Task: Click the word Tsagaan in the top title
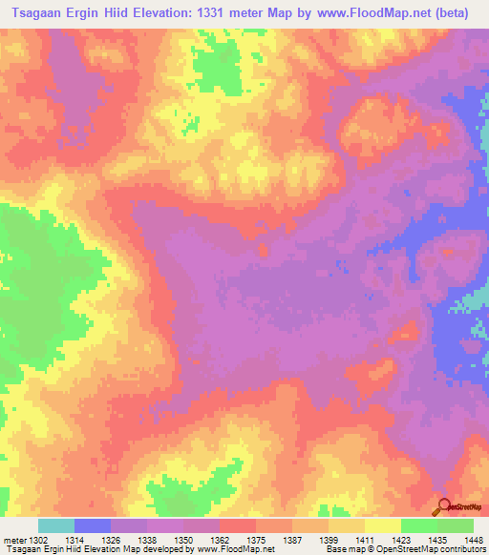pos(35,13)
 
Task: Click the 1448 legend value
pos(472,539)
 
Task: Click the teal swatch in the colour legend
pos(56,525)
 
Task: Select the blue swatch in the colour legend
pos(93,525)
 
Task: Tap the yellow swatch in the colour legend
pos(383,525)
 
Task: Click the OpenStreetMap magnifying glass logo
pos(442,506)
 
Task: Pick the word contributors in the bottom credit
pos(460,549)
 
